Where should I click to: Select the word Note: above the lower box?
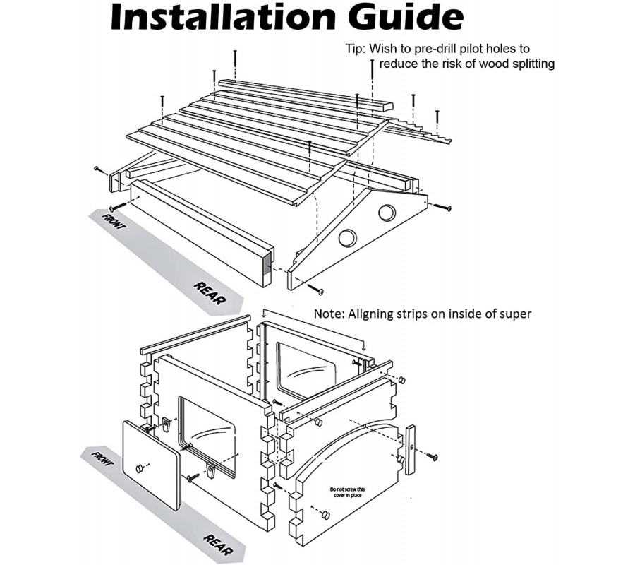tap(329, 314)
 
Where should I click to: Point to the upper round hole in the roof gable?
tap(387, 212)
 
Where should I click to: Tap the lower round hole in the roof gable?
tap(347, 238)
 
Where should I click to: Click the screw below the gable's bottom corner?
tap(315, 289)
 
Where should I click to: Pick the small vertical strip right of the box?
tap(411, 450)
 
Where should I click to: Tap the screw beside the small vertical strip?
tap(431, 457)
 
